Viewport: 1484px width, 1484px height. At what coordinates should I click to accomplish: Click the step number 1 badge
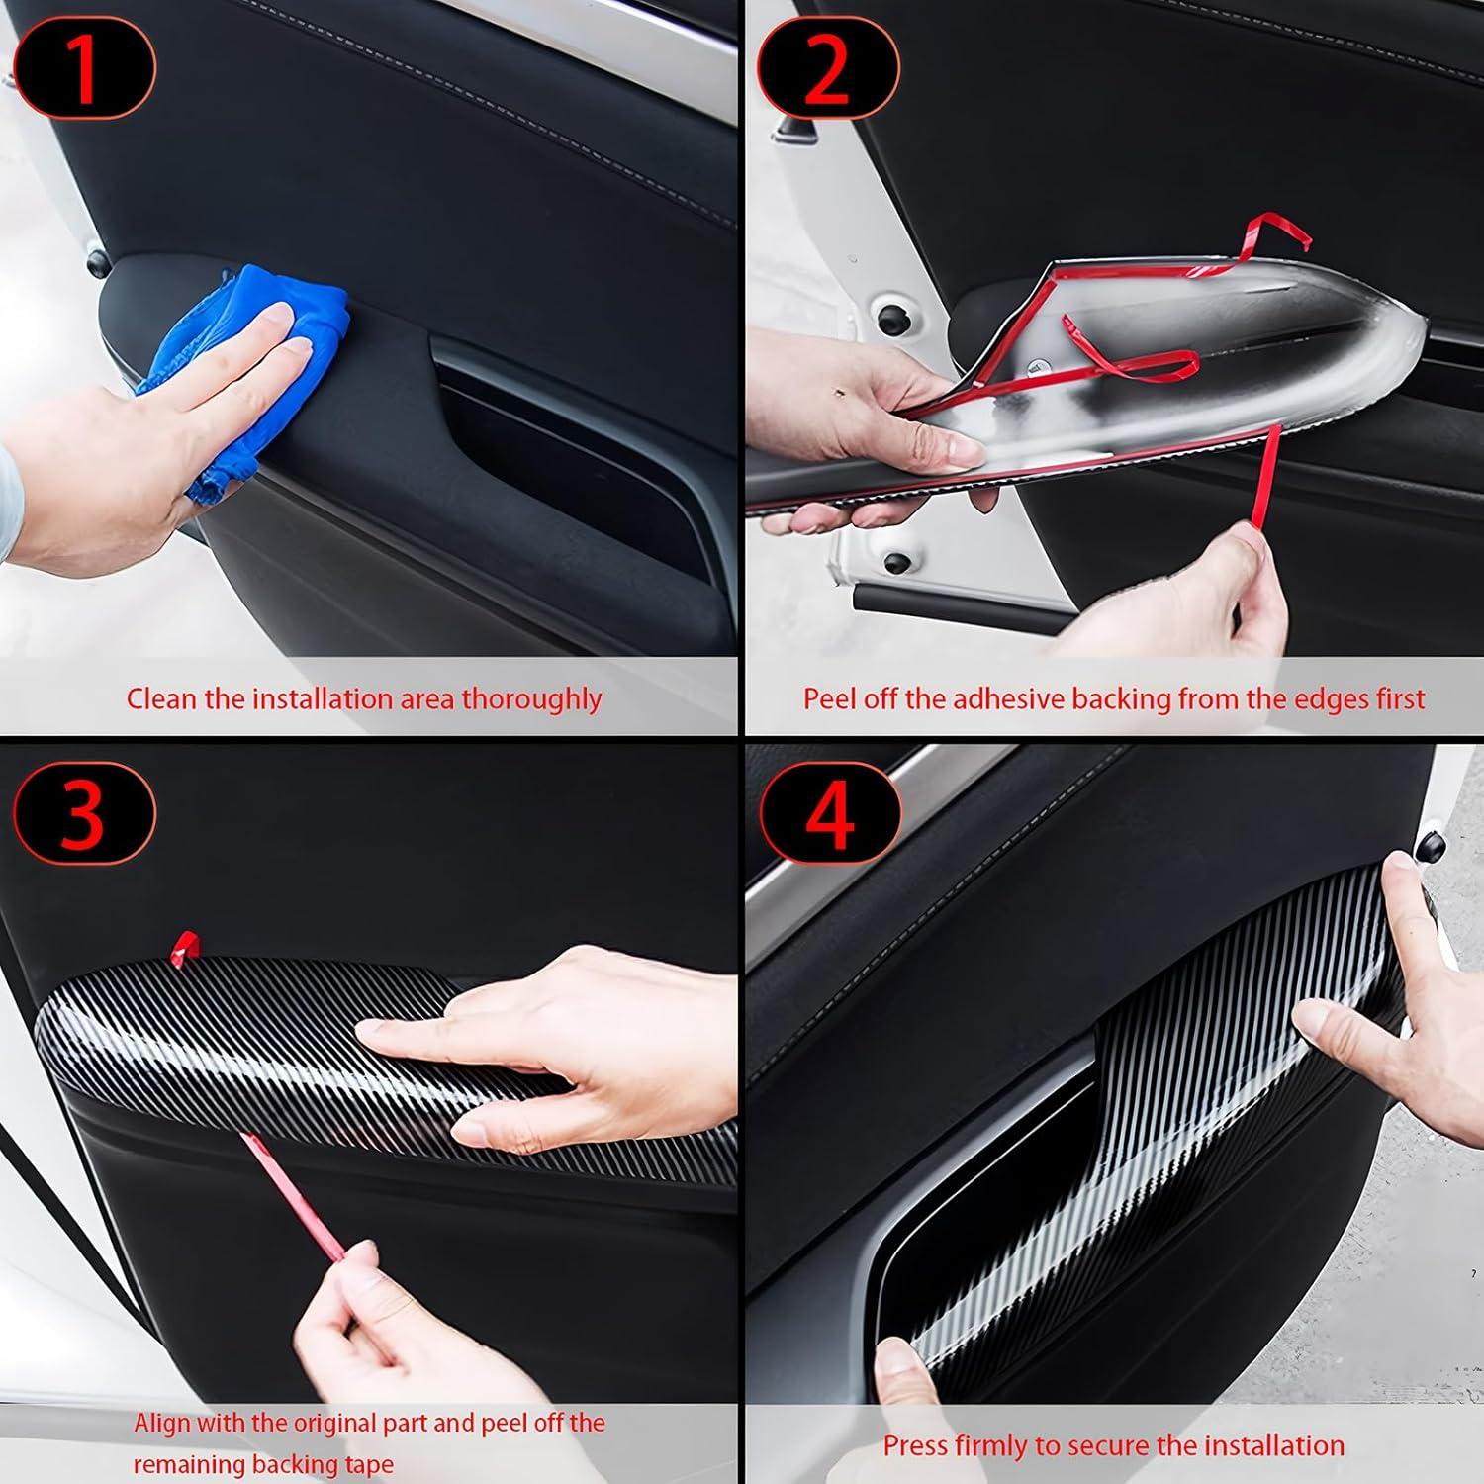point(84,68)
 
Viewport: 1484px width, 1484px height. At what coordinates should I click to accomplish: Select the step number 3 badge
point(84,814)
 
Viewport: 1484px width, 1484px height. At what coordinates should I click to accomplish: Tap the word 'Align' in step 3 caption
point(162,1423)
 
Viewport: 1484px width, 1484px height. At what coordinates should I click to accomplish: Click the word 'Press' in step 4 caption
point(914,1445)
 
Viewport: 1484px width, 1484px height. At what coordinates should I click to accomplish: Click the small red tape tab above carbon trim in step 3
point(184,947)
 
